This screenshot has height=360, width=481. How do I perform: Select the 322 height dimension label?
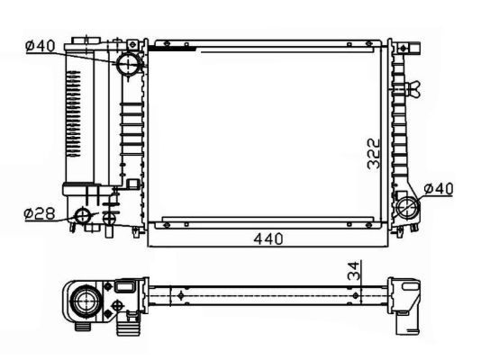[374, 155]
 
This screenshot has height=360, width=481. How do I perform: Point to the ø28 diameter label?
[41, 213]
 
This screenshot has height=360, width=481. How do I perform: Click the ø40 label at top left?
[41, 45]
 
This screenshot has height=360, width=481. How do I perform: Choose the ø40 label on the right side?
[438, 189]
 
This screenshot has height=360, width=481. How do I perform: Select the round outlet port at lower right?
[412, 209]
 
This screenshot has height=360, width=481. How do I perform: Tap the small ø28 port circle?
[83, 215]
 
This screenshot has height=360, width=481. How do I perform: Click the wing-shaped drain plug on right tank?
[412, 88]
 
